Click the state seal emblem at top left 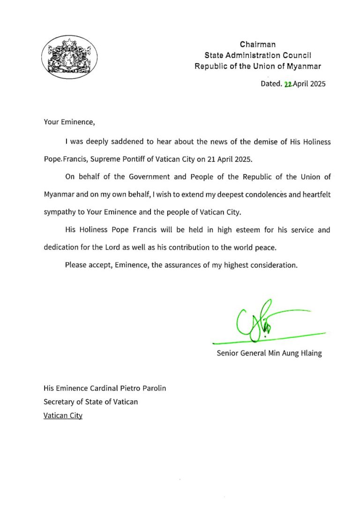69,56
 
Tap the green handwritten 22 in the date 288,84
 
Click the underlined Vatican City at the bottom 63,416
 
